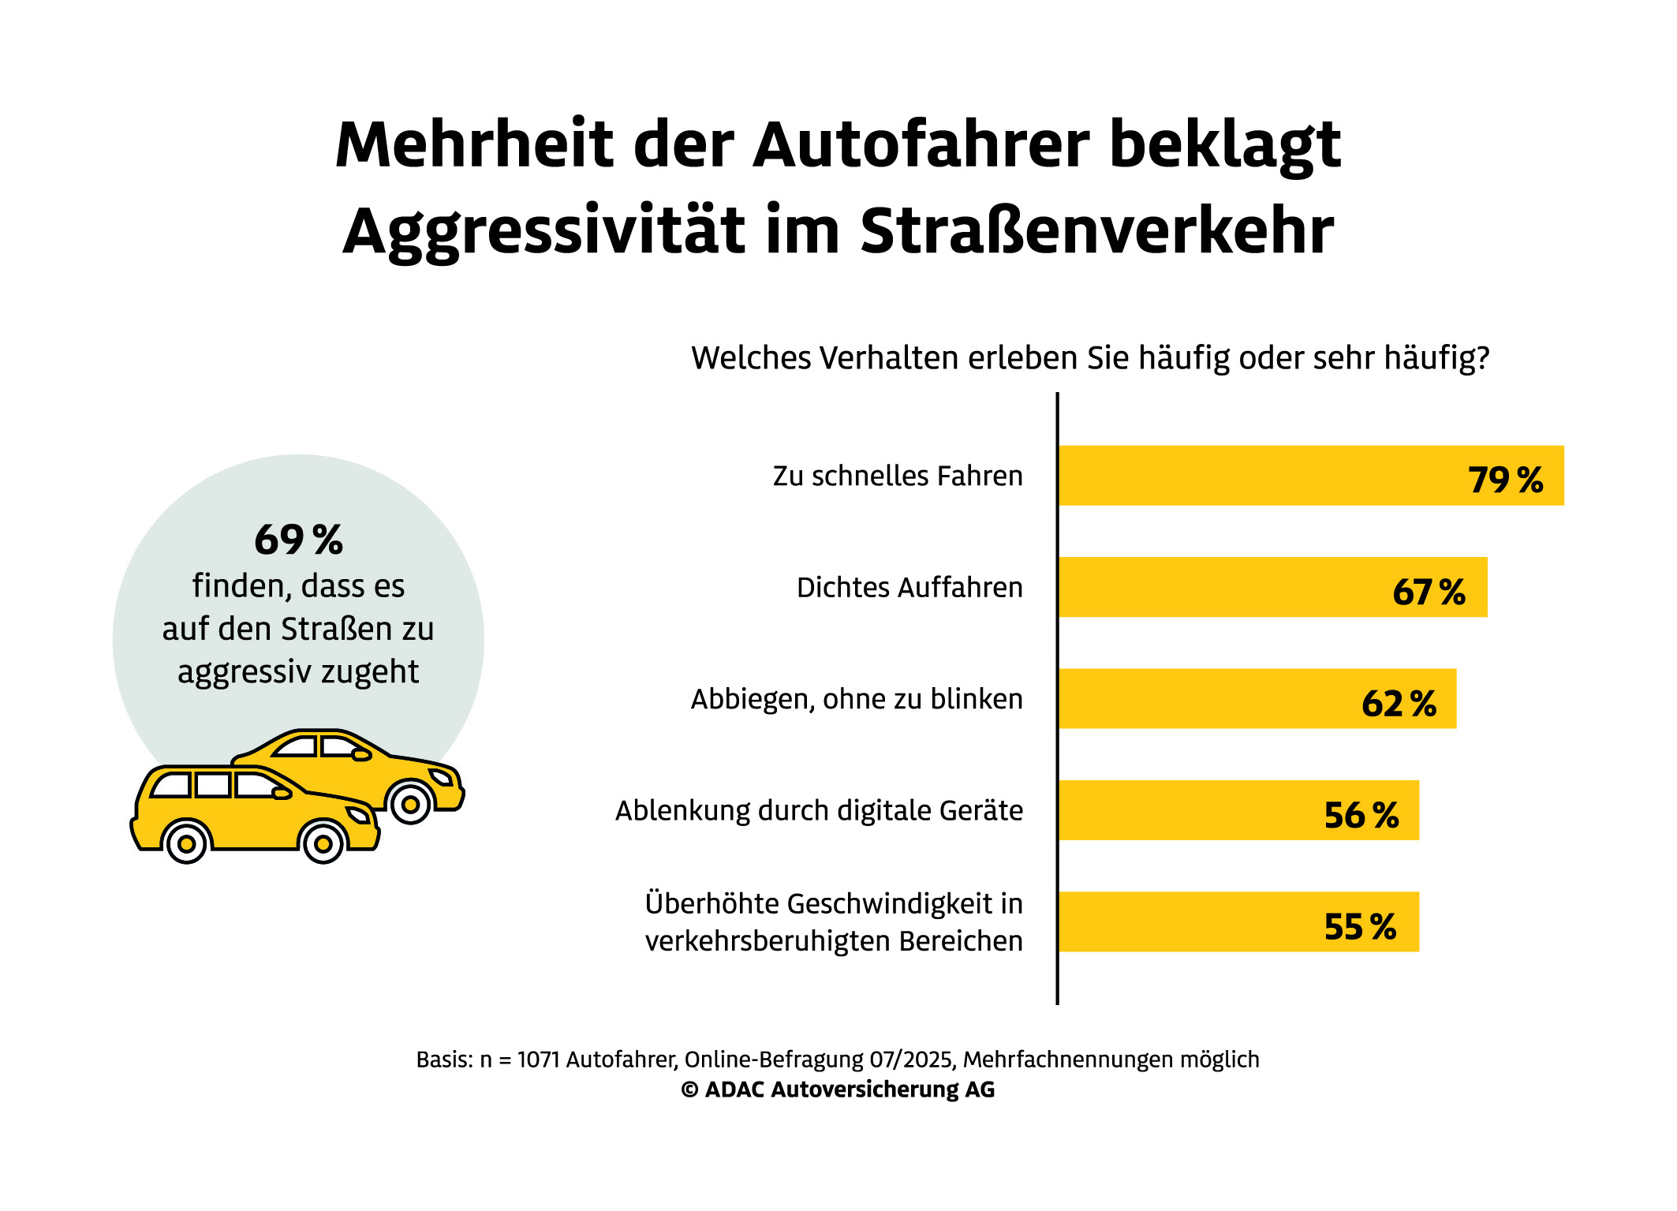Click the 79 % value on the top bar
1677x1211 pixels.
click(x=1505, y=480)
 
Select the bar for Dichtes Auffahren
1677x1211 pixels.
click(x=1223, y=588)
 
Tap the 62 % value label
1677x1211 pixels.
click(x=1399, y=703)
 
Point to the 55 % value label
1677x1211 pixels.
click(x=1360, y=926)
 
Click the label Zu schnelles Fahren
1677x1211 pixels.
click(x=898, y=477)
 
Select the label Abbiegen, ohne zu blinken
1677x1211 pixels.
click(x=857, y=700)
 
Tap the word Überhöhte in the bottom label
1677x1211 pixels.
click(x=715, y=904)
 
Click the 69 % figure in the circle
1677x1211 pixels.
click(x=298, y=540)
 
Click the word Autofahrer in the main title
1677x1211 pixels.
click(x=921, y=145)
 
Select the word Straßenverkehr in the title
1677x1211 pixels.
click(x=1096, y=231)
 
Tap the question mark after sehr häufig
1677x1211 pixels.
click(x=1482, y=358)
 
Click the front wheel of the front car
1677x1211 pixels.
click(x=323, y=844)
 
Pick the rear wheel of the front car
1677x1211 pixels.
click(x=187, y=844)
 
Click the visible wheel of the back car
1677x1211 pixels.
click(x=410, y=805)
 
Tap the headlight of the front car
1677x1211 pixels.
click(x=359, y=814)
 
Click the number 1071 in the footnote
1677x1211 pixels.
click(x=539, y=1060)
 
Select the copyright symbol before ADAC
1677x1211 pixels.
click(x=689, y=1090)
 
